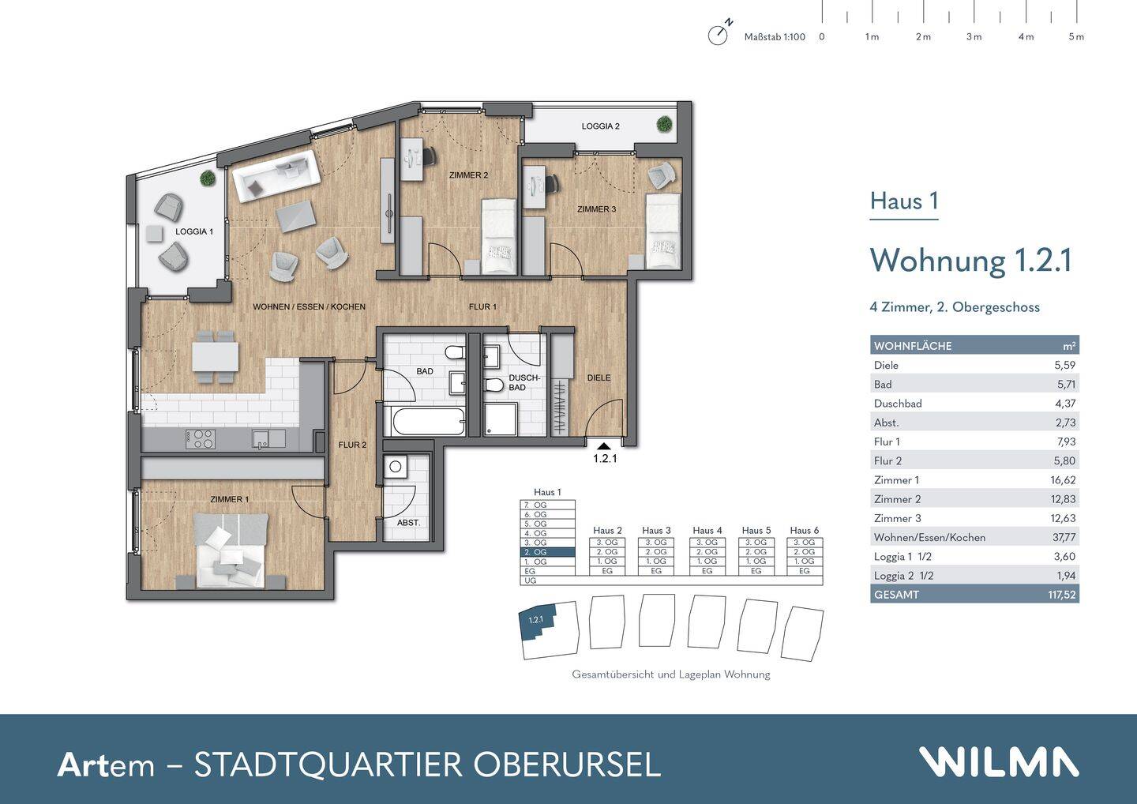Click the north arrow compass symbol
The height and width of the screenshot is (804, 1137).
[718, 35]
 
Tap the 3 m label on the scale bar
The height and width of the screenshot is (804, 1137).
[974, 37]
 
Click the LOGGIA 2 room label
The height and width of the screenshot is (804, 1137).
[600, 126]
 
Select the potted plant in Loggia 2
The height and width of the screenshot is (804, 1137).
[664, 124]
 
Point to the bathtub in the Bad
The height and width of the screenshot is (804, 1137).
[428, 420]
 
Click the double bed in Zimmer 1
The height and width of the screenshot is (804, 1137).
[231, 550]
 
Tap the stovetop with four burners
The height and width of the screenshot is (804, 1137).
[201, 439]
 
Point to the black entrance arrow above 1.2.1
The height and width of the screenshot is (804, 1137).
[604, 446]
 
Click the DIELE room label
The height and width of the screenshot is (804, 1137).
[599, 378]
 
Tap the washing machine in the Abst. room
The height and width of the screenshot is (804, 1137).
[396, 468]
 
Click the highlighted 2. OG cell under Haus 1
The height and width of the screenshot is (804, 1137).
[548, 552]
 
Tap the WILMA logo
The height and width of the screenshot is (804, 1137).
[998, 762]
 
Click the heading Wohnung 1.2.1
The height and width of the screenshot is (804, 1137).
[970, 260]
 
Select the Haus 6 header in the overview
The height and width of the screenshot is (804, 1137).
[804, 530]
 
